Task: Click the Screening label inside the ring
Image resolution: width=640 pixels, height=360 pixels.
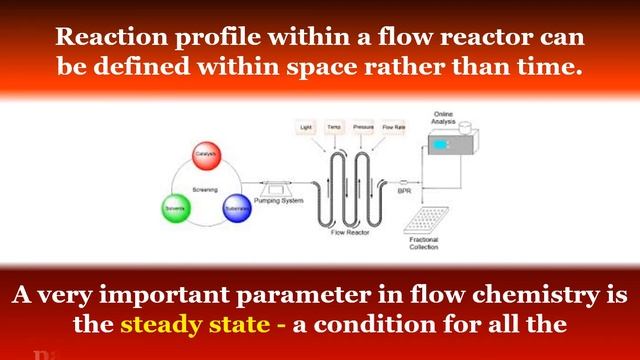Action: tap(205, 189)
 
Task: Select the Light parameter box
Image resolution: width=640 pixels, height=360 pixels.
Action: tap(306, 129)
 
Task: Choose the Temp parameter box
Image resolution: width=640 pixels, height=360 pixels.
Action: tap(335, 129)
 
